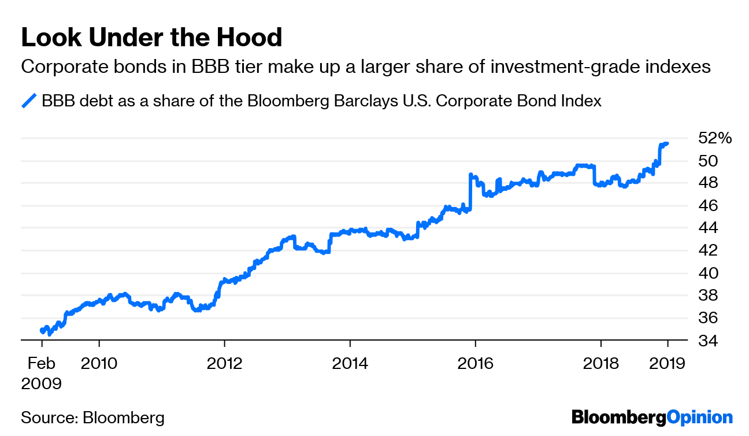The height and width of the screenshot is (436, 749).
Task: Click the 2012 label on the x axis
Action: click(x=224, y=364)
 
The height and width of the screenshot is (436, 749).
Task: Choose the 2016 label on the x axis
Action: click(x=475, y=364)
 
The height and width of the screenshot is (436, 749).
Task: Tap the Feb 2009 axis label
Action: click(x=41, y=373)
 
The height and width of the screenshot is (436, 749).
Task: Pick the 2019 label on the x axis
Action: click(x=668, y=364)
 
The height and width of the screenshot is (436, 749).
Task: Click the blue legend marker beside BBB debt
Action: click(x=29, y=101)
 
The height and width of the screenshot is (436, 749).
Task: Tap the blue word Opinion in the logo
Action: click(x=699, y=417)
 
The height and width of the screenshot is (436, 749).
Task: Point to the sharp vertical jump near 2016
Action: click(x=470, y=191)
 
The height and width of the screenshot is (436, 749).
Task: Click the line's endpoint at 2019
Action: click(x=667, y=143)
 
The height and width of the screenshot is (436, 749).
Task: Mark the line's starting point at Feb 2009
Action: click(x=42, y=330)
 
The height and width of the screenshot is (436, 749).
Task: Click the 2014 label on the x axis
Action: click(x=350, y=364)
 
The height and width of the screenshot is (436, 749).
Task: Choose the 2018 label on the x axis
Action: click(x=600, y=364)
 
